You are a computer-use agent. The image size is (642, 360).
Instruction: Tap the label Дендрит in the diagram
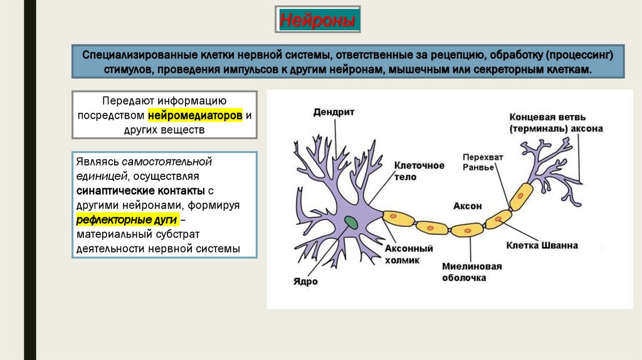[x=334, y=112]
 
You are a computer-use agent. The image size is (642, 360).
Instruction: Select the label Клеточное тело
[x=419, y=171]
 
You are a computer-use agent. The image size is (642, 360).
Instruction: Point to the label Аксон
[x=468, y=206]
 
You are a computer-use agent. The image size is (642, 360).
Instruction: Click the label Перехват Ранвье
[x=478, y=162]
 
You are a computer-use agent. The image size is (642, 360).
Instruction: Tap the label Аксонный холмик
[x=401, y=254]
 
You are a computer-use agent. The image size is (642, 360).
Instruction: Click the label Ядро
[x=305, y=282]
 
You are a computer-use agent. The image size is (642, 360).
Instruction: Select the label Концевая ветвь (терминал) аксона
[x=555, y=124]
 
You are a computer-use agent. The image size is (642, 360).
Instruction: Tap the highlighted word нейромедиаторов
[x=196, y=116]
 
